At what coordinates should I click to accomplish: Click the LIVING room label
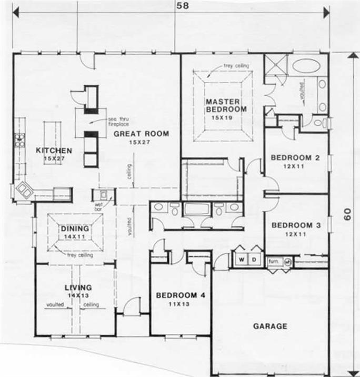tap(78, 287)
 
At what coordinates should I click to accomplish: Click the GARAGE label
tap(271, 326)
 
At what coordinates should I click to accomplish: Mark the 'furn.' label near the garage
tap(274, 261)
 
